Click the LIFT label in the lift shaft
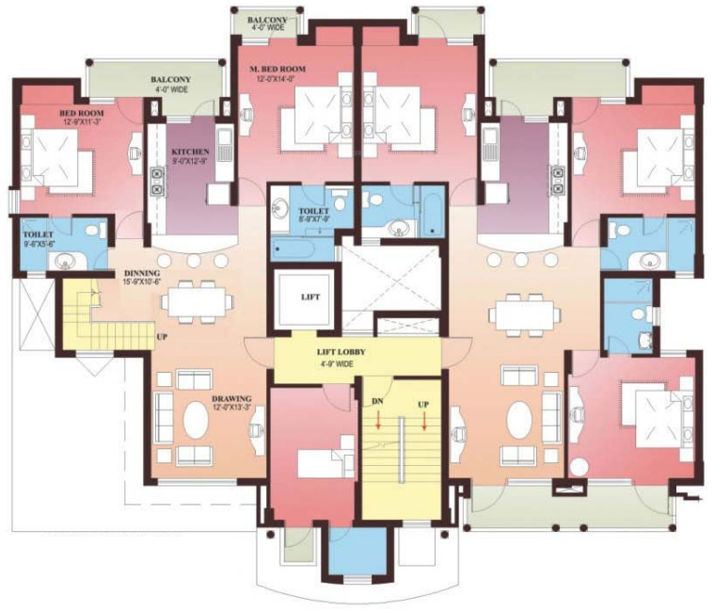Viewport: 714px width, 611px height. [310, 297]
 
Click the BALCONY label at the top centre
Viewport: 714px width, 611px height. [267, 19]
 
